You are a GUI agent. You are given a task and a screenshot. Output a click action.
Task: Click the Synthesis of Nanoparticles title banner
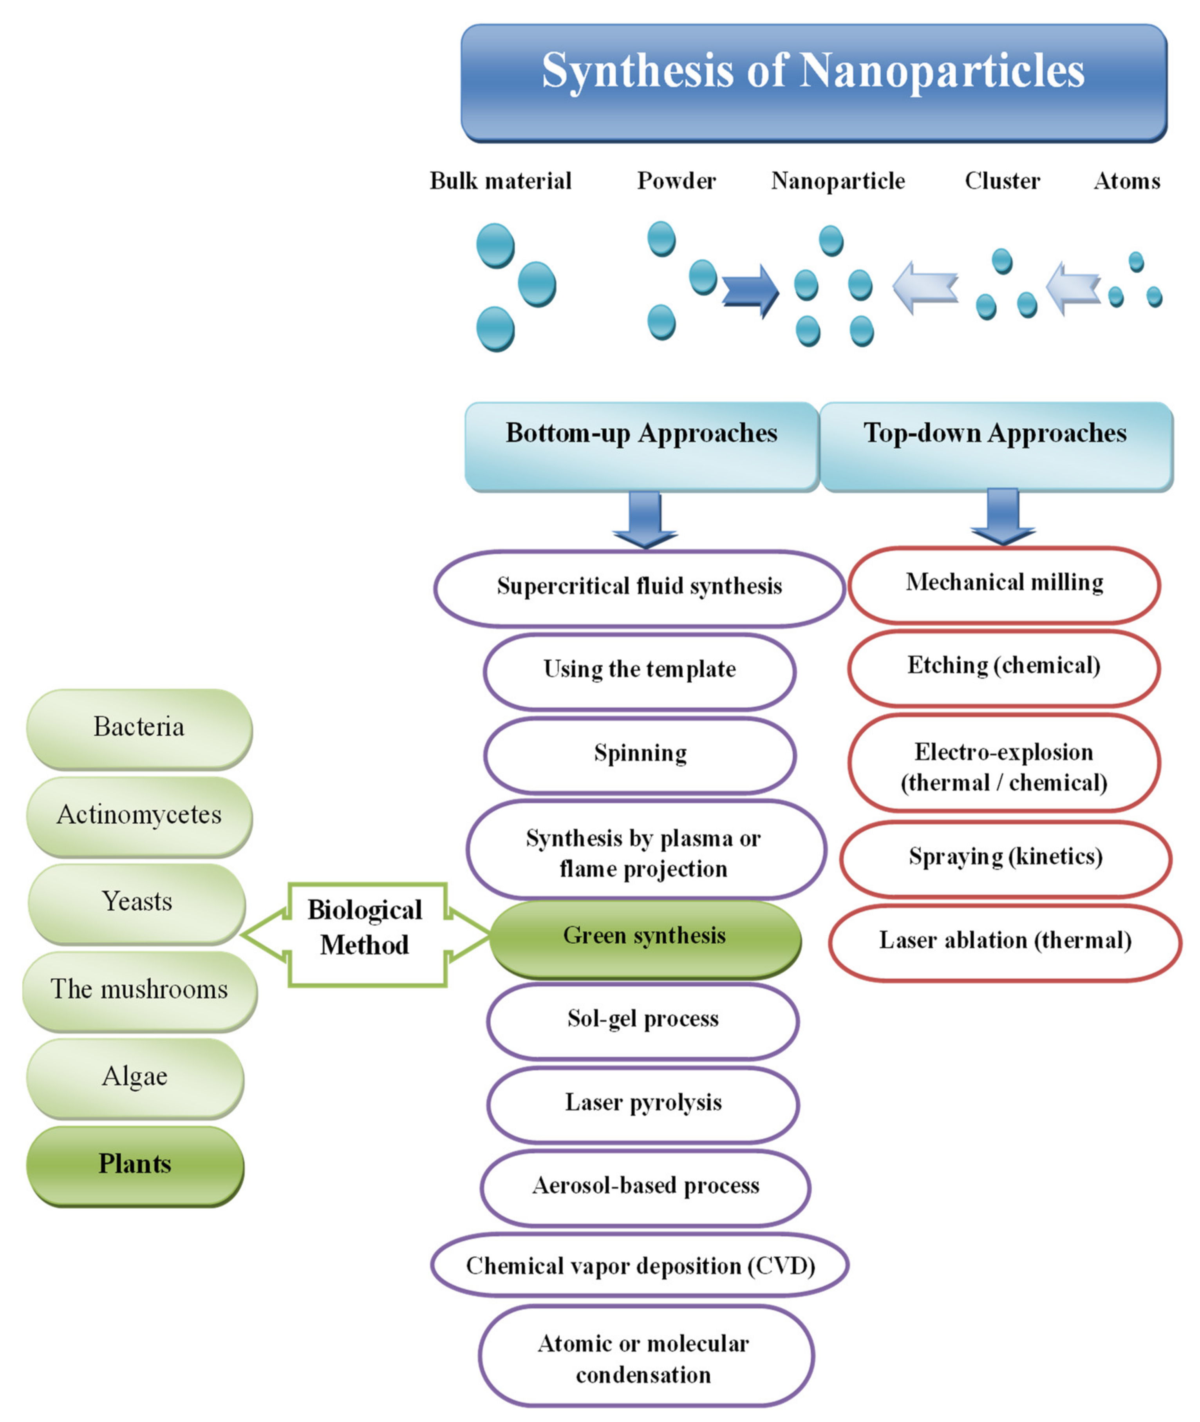pos(813,83)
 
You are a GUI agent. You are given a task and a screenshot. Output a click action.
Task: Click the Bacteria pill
pos(139,728)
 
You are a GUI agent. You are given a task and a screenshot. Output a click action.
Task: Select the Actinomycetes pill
pos(139,815)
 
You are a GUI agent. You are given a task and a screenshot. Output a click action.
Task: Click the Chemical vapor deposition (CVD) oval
pos(640,1266)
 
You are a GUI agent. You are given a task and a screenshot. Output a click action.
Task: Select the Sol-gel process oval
pos(642,1020)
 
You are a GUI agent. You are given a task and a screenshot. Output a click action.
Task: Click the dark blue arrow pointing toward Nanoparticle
pos(750,291)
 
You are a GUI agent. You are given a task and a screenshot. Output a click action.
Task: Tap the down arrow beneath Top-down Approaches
pos(1002,517)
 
